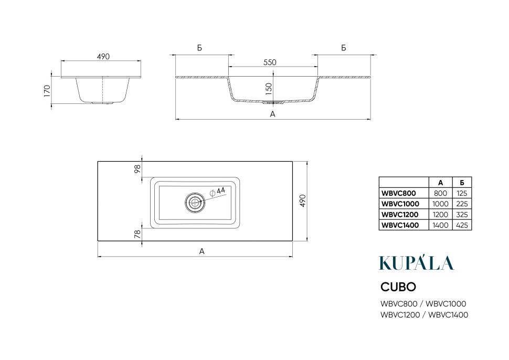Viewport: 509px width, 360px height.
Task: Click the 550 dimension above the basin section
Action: (270, 62)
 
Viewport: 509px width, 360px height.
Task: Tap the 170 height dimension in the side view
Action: (47, 91)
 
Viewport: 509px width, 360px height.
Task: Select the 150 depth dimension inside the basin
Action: (269, 89)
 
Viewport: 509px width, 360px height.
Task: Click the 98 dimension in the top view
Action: (137, 168)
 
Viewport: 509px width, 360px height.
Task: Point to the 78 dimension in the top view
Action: (137, 234)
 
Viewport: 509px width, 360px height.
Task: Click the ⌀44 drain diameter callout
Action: (218, 192)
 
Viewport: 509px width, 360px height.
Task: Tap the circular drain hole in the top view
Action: (195, 203)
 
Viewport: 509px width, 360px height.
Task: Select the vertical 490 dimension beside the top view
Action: (302, 201)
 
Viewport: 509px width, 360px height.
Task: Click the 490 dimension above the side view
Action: (103, 57)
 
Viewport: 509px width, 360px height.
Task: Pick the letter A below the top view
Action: (202, 251)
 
